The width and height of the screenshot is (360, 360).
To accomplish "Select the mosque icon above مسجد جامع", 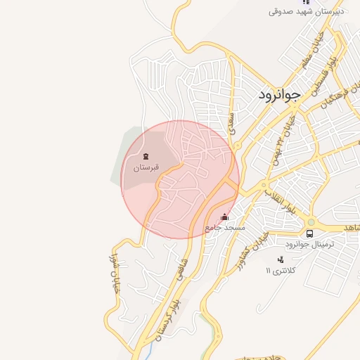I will coord(225,217).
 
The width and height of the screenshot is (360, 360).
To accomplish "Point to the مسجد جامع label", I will coord(225,228).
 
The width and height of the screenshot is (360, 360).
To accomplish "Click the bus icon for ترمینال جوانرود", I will coord(309,233).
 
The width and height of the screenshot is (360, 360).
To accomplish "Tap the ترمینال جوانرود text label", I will coord(309,244).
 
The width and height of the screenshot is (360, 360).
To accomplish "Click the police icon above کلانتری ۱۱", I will coord(281,260).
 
